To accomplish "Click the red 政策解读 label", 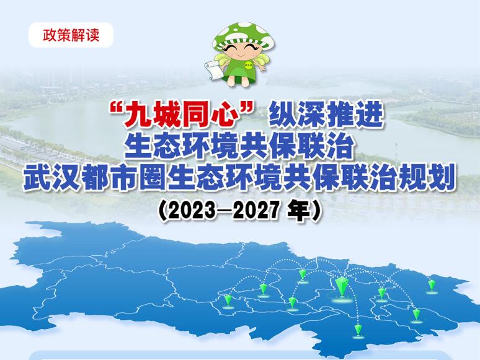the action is [71, 35].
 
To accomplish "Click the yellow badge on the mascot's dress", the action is [249, 65].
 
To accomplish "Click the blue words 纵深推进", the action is [326, 115].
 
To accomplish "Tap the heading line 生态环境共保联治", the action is [239, 147].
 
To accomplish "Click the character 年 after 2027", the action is [299, 211].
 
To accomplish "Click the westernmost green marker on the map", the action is [228, 300].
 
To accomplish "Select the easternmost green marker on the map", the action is [432, 285].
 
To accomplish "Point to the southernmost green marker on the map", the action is [358, 330].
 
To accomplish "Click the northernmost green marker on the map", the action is [303, 274].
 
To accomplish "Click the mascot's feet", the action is [241, 81].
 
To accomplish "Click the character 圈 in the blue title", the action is [154, 177].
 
